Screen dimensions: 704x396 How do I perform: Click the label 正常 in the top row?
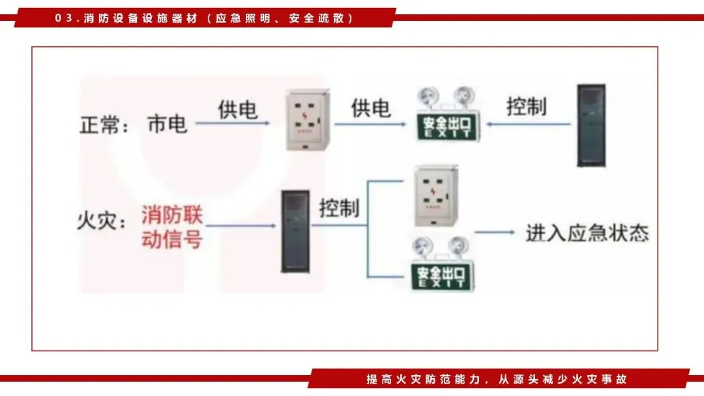(x=99, y=124)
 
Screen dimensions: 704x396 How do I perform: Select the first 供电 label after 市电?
(x=237, y=108)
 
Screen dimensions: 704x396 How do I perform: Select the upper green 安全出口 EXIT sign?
(x=448, y=123)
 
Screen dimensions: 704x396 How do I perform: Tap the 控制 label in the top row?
(x=526, y=106)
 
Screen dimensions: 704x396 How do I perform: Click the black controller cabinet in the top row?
(x=591, y=125)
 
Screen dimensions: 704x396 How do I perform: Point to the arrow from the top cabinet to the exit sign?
(x=528, y=123)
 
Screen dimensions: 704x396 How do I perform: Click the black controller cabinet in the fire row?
(x=295, y=231)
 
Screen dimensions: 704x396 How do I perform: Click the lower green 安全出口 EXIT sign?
(x=440, y=275)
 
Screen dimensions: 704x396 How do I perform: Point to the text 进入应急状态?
(x=587, y=233)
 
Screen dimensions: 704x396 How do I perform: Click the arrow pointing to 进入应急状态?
(x=496, y=233)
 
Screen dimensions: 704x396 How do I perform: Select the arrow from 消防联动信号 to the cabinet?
(x=241, y=226)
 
